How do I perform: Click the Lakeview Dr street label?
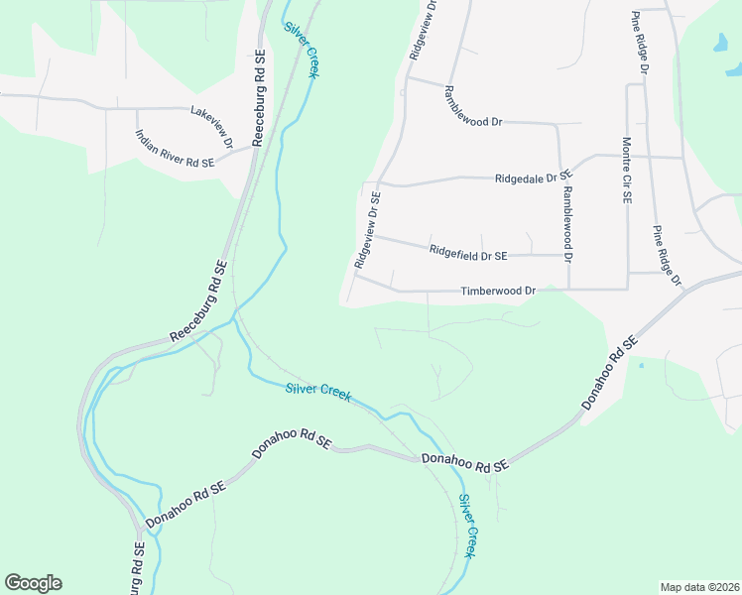[x=211, y=127]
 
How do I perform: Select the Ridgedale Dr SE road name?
[x=534, y=178]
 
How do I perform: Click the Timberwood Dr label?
[x=498, y=292]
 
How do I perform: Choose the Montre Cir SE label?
[x=627, y=171]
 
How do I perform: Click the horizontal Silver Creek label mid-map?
[x=318, y=391]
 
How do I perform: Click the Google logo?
[x=33, y=583]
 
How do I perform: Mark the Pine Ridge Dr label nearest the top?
[x=640, y=44]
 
